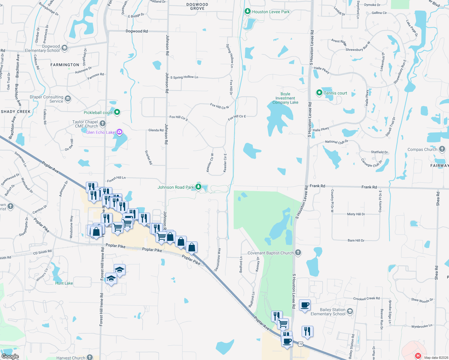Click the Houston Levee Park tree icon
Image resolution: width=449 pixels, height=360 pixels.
point(247,12)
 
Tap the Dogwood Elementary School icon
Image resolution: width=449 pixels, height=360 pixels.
point(65,48)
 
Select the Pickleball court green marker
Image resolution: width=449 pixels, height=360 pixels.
point(117,112)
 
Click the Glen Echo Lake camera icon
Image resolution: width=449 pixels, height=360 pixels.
point(119,132)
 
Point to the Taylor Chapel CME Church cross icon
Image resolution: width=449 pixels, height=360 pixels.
point(103,123)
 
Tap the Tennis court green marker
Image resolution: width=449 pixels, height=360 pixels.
point(319,93)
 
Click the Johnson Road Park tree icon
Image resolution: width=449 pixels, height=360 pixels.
point(198,187)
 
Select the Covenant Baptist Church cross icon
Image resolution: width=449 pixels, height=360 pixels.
point(298,253)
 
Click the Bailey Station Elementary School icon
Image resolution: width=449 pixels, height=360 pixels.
point(350,311)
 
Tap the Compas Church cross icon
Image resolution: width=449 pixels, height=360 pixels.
point(442,149)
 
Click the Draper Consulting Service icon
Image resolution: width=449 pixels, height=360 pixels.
point(68,99)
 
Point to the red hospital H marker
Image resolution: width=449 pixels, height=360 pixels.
point(418,356)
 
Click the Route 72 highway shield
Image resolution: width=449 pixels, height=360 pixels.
point(301,344)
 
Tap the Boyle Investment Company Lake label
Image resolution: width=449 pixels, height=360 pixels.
point(285,98)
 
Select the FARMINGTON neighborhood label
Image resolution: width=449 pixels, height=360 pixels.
point(65,65)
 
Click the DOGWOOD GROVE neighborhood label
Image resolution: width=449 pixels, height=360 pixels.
point(197,7)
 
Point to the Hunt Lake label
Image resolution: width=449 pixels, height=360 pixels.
point(64,283)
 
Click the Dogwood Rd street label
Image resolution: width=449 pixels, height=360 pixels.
point(137,31)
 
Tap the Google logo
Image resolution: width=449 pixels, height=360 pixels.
point(10,356)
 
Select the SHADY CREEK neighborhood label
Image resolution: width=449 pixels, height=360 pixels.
point(16,112)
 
